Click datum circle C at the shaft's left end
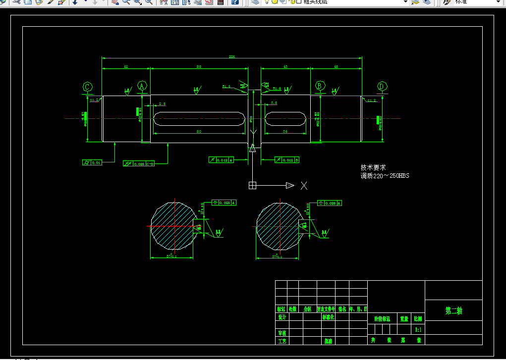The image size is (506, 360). (x=87, y=87)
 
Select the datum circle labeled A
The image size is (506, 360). (x=142, y=87)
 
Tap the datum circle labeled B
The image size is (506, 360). (x=320, y=86)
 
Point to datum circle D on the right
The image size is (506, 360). (x=382, y=86)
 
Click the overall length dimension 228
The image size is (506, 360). (x=231, y=57)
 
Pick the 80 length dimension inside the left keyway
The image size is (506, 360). (x=199, y=132)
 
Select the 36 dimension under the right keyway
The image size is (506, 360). (x=285, y=132)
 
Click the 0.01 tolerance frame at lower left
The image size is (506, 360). (x=92, y=162)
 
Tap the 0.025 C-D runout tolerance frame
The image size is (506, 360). (x=139, y=163)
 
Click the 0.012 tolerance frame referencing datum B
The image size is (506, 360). (x=287, y=160)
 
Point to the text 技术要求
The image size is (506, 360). (x=373, y=168)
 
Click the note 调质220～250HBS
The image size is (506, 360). (x=385, y=176)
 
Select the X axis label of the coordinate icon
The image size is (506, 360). (x=304, y=186)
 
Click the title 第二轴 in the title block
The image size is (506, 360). (x=453, y=311)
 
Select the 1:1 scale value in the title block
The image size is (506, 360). (x=418, y=329)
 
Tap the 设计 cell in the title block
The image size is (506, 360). (x=281, y=317)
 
